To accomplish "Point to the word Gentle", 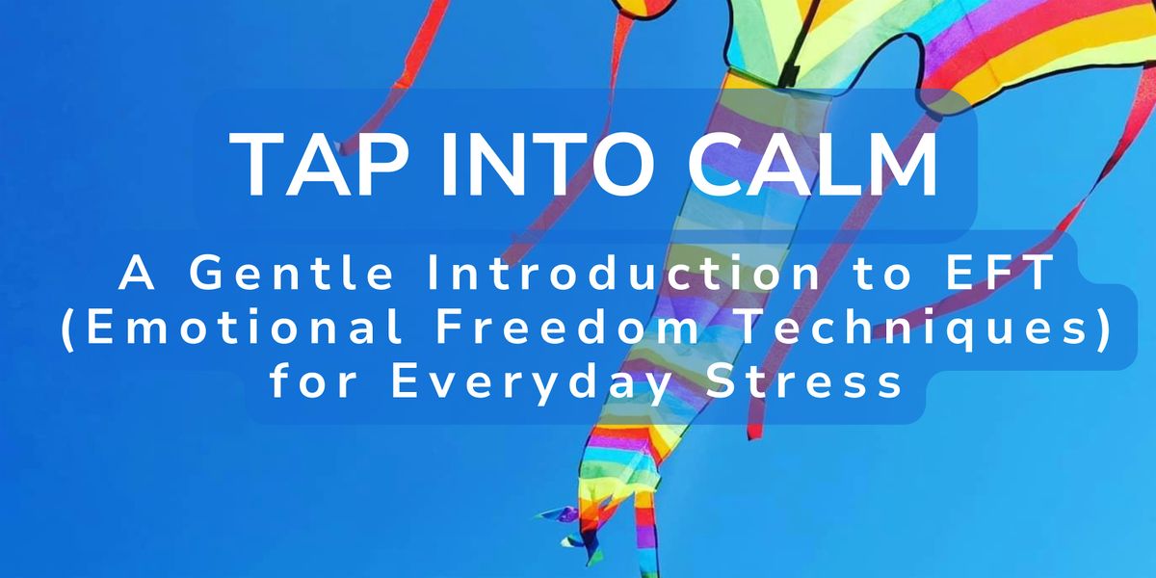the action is click(292, 273).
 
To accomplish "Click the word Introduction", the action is click(623, 273).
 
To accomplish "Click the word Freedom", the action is click(568, 328).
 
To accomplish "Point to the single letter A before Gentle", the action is click(137, 273).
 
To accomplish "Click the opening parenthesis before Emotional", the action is click(66, 330).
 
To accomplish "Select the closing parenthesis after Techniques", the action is click(1104, 330).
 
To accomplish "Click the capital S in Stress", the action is click(720, 382).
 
